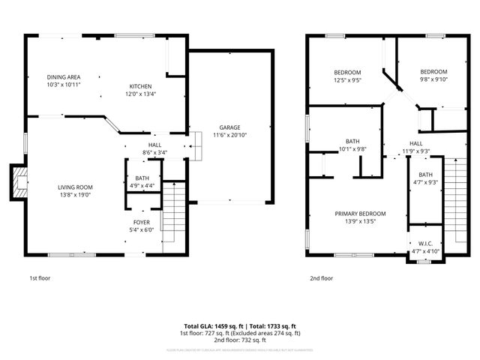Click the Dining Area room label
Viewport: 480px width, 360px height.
coord(63,77)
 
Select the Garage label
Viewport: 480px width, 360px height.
coord(229,127)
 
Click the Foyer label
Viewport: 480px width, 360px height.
coord(142,223)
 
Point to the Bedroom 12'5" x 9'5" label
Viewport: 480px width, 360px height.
coord(347,72)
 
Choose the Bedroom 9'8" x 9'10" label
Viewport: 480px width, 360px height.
coord(433,72)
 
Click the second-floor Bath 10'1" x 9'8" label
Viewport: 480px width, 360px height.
coord(352,141)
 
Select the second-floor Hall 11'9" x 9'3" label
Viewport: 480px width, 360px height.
coord(415,143)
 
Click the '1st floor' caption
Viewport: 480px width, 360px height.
coord(40,278)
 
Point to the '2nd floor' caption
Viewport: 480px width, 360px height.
coord(321,278)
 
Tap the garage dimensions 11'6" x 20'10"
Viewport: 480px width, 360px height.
coord(229,135)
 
